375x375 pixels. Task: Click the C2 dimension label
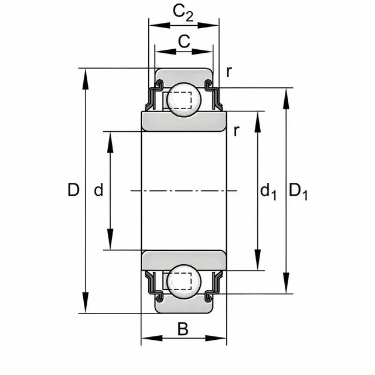[x=183, y=13]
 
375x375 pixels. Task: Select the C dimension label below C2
[x=184, y=41]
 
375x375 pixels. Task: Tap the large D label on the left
[x=73, y=190]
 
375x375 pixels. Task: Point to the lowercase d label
[x=98, y=190]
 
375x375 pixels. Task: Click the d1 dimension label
[x=268, y=192]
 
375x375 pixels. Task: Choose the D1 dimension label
[x=298, y=192]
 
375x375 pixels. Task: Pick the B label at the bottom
[x=183, y=329]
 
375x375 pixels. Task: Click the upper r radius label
[x=229, y=71]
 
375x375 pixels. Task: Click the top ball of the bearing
[x=184, y=100]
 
